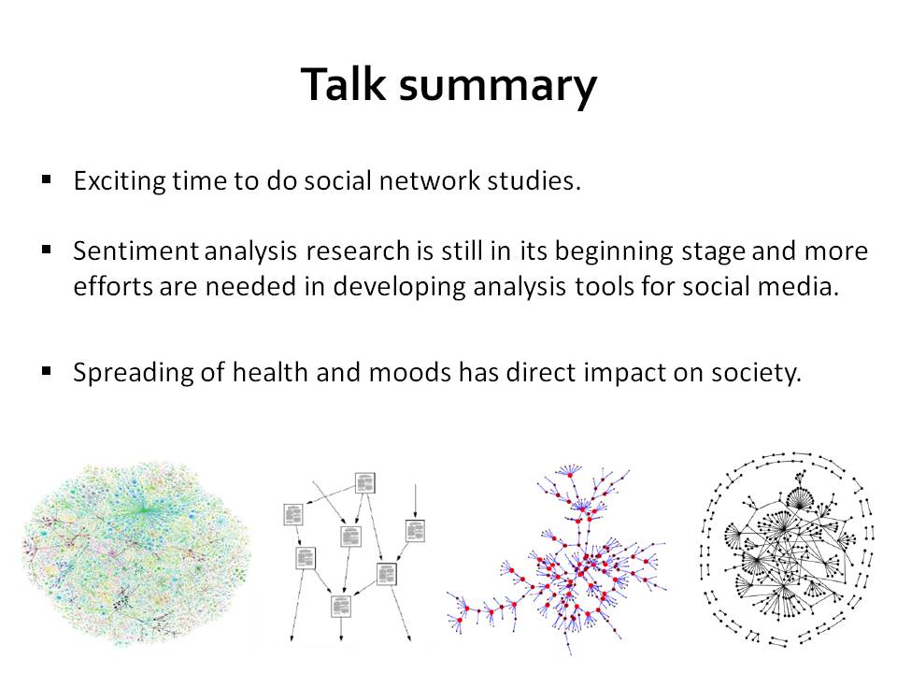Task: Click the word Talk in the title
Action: point(343,84)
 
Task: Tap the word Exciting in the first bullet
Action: point(120,181)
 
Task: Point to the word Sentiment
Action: point(135,251)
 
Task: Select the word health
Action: point(270,372)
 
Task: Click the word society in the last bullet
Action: point(756,374)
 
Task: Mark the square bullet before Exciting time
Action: point(47,180)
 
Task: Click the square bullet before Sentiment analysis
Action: point(47,250)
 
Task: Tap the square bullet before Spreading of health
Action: point(47,371)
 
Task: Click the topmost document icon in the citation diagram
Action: point(365,482)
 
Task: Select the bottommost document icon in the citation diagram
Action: point(341,606)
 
